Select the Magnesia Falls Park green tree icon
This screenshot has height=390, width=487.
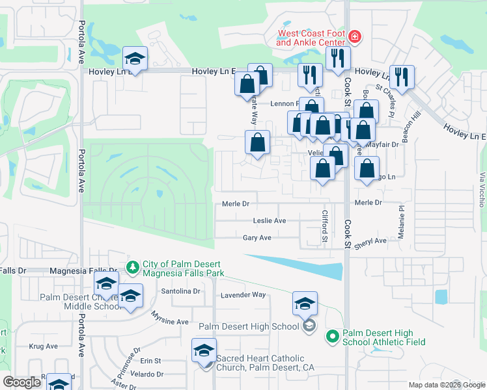(133, 267)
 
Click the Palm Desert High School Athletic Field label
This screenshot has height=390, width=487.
(383, 337)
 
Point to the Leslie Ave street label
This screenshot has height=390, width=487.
(270, 221)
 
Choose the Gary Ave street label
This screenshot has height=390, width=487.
(257, 239)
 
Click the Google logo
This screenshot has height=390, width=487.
(22, 382)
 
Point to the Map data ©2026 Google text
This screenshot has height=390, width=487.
(447, 385)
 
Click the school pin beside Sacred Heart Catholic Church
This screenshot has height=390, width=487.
(204, 351)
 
